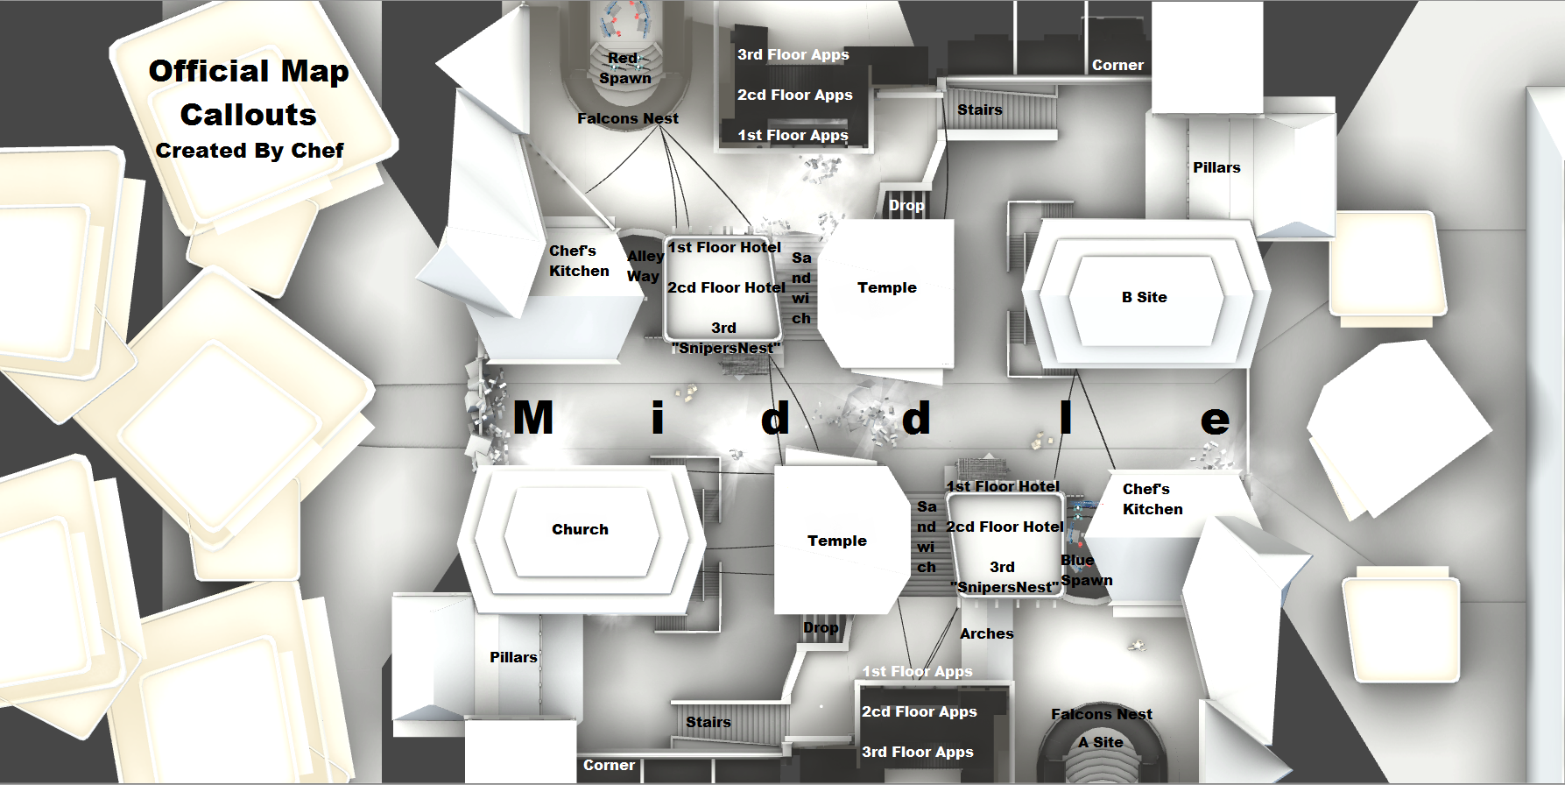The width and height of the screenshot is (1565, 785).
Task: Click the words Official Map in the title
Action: click(249, 71)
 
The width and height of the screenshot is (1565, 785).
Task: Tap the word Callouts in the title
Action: click(249, 115)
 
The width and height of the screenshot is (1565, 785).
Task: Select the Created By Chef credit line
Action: click(250, 151)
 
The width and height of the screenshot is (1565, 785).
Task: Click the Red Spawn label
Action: click(624, 68)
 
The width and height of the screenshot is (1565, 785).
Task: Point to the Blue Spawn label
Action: click(1086, 570)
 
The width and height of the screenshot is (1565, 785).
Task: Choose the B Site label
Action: click(1144, 297)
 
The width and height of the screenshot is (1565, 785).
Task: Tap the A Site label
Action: click(1101, 742)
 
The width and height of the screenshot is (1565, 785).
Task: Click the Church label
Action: click(580, 529)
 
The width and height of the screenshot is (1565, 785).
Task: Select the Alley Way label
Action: click(645, 265)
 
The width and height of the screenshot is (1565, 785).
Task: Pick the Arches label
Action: click(986, 633)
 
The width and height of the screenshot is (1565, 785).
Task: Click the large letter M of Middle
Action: click(533, 418)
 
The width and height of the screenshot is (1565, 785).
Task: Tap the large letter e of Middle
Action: click(1215, 421)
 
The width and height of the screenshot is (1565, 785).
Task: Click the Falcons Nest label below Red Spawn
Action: click(628, 118)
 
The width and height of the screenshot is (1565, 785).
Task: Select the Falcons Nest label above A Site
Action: click(1102, 714)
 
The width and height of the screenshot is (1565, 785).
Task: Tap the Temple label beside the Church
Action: click(836, 541)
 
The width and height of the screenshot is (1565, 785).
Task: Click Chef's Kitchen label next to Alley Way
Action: click(578, 261)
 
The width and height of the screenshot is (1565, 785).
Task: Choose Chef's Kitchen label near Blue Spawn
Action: click(1152, 499)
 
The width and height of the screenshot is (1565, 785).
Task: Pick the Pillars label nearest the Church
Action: click(513, 657)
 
